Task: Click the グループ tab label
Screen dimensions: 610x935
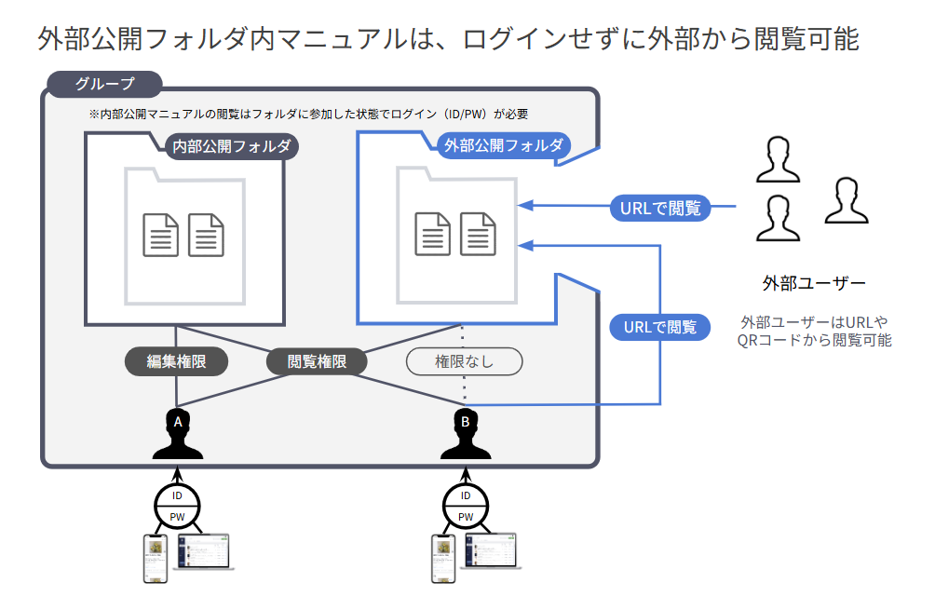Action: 104,84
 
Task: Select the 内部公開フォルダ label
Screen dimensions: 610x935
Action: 230,147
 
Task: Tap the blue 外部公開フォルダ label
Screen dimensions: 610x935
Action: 503,146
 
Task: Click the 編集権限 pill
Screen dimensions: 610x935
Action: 176,361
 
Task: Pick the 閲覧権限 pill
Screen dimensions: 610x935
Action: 317,361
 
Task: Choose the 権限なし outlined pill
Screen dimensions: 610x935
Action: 465,361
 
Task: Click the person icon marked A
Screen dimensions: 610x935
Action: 177,433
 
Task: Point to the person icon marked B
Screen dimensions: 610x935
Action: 466,433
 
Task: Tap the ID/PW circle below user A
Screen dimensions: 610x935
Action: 177,506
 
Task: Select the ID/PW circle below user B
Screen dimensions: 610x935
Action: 466,506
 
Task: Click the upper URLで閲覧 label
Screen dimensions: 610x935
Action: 660,208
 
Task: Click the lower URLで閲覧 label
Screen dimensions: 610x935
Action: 660,327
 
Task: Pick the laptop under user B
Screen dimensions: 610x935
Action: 489,551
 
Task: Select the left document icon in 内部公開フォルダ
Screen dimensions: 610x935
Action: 160,235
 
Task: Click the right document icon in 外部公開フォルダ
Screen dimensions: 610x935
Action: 478,234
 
